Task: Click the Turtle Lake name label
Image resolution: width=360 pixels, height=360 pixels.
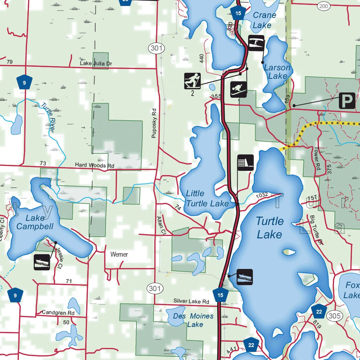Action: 269,228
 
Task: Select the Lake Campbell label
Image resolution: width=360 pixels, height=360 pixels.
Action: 35,223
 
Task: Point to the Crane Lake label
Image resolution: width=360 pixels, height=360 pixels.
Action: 264,20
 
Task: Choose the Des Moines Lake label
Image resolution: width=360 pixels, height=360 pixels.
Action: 193,320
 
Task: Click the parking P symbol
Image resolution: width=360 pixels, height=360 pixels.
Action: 347,101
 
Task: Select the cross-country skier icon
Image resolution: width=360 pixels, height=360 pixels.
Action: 192,81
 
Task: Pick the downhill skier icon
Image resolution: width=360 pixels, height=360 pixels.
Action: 238,89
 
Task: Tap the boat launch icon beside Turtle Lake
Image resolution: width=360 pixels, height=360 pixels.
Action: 245,277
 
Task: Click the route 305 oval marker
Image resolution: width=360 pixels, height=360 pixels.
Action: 334,316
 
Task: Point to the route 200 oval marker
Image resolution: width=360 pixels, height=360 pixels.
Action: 323,6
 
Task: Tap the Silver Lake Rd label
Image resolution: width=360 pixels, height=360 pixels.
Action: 191,301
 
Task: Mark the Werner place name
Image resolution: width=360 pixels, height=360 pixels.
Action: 119,254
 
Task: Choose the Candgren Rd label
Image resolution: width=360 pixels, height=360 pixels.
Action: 58,312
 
